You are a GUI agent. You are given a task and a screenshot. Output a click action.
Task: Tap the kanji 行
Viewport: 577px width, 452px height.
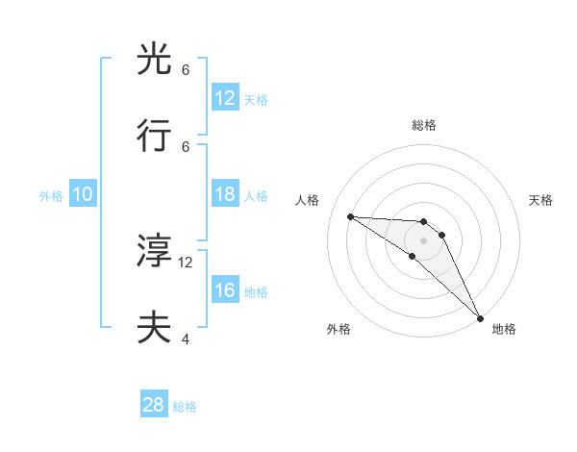(155, 138)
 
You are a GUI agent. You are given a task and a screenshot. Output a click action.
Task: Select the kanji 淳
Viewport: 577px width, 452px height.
(155, 251)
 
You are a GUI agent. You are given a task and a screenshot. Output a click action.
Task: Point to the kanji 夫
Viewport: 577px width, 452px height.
(155, 328)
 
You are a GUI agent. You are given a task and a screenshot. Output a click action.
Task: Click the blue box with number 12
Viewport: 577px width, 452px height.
(225, 98)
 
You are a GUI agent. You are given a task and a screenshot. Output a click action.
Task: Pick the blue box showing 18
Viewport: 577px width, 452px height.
(225, 194)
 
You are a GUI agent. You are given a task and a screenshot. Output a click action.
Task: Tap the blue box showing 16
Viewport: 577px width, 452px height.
(225, 290)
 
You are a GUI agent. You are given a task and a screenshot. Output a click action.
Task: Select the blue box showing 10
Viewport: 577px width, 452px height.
(83, 194)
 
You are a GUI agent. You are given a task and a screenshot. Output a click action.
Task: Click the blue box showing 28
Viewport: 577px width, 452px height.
(154, 405)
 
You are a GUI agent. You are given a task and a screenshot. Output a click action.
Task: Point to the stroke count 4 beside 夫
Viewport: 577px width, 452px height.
(186, 339)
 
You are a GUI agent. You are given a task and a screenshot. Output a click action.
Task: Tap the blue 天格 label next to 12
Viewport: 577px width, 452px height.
(255, 99)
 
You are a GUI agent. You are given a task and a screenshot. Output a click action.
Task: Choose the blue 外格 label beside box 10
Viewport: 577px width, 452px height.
(51, 195)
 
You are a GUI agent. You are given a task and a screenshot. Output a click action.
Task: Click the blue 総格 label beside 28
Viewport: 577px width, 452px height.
(185, 406)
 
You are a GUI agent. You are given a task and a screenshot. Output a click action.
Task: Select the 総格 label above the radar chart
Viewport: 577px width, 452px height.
(423, 125)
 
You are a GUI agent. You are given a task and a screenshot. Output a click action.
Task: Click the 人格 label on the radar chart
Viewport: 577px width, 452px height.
(309, 200)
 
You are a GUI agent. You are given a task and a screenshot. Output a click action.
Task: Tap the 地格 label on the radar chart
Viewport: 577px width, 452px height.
(504, 329)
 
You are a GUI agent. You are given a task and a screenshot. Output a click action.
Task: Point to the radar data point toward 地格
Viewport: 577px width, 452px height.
(480, 316)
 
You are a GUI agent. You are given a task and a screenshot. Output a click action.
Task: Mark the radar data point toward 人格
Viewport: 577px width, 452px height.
(351, 216)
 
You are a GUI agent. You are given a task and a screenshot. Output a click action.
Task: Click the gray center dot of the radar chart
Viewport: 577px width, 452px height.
(423, 240)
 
